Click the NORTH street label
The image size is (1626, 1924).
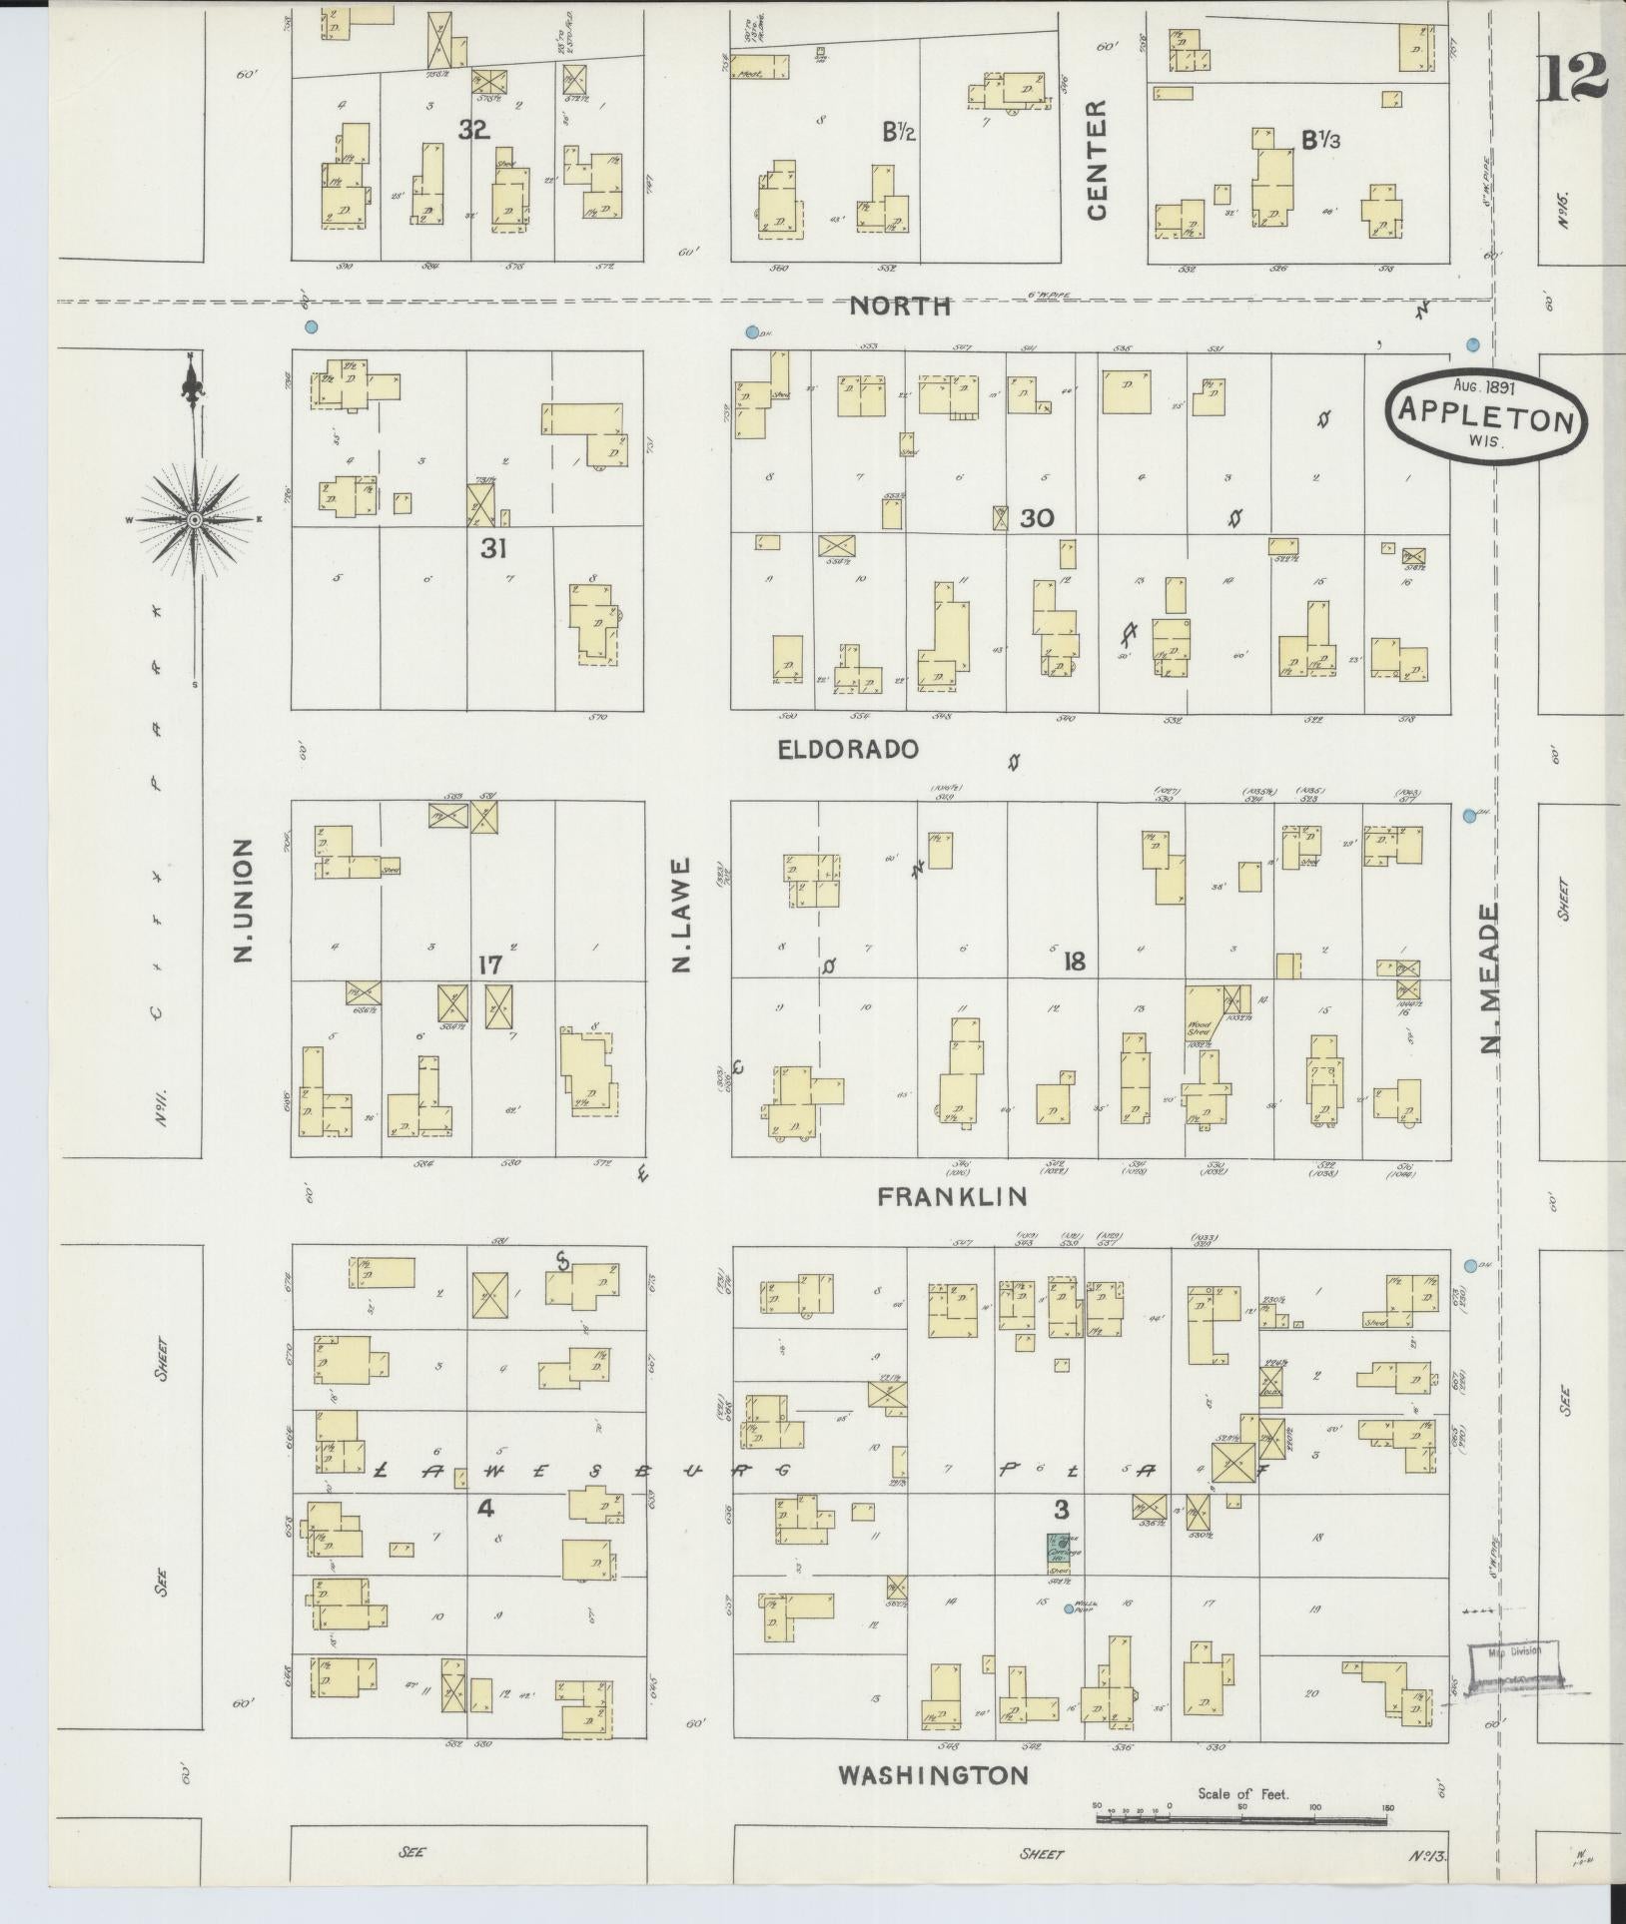899,307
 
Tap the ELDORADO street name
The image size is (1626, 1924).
848,749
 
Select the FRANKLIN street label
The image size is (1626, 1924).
952,1196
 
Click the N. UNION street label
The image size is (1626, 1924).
242,901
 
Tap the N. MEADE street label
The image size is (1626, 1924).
1491,979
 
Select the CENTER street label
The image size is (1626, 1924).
1098,160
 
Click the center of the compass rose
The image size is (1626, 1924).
195,519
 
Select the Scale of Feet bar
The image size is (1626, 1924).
1241,1819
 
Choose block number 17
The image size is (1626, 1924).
488,965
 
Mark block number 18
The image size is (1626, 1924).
1074,962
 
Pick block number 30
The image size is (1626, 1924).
1037,518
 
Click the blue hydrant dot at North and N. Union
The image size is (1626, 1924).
311,325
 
